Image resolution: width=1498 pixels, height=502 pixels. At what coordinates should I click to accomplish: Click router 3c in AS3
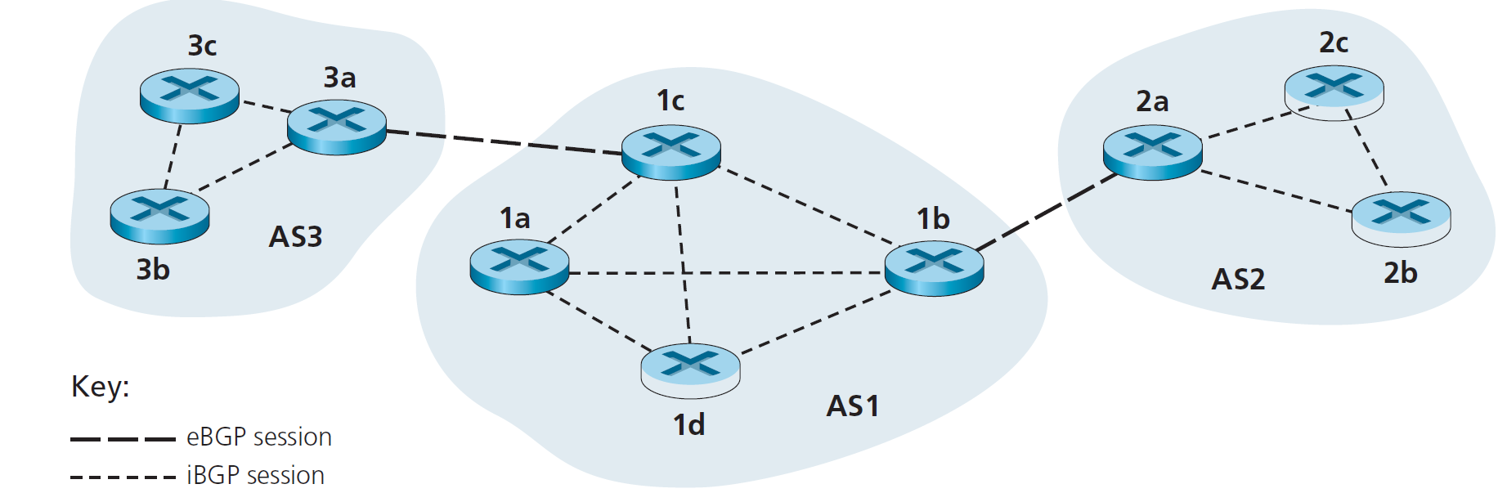coord(190,95)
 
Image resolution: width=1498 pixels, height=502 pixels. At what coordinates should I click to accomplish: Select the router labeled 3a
coord(337,126)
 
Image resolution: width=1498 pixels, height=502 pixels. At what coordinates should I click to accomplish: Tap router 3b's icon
coord(159,216)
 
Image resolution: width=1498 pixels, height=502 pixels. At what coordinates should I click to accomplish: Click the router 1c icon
coord(671,151)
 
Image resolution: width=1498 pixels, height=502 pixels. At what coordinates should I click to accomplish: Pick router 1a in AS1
coord(519,266)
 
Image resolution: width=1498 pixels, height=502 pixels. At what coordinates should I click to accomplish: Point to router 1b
coord(934,267)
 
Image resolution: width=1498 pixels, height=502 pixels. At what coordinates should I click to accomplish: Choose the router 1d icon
coord(690,370)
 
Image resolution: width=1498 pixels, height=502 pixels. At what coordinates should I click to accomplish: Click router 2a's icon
coord(1152,151)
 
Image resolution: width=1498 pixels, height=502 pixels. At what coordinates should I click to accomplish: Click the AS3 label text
coord(295,237)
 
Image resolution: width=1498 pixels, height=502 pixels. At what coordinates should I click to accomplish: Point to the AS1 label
coord(852,406)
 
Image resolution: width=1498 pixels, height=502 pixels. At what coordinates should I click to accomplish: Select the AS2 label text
coord(1238,280)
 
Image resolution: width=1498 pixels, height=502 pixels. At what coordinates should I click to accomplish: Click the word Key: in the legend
coord(100,386)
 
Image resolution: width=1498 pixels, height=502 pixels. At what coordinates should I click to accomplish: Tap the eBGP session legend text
coord(258,437)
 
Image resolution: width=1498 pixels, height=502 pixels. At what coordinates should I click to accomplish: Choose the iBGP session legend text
coord(255,475)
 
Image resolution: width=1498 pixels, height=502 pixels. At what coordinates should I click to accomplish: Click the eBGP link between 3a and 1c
coord(503,142)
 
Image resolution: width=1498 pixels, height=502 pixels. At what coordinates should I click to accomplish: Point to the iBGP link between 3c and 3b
coord(173,156)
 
